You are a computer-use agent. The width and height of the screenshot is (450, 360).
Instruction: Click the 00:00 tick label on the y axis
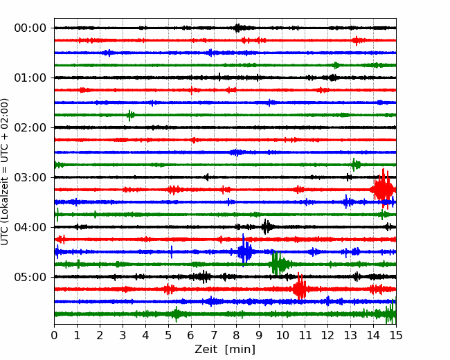point(30,28)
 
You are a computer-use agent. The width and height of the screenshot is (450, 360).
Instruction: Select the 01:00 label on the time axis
point(30,78)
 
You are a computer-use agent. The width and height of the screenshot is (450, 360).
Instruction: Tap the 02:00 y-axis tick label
point(30,127)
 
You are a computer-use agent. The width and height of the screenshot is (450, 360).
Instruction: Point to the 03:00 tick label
point(30,177)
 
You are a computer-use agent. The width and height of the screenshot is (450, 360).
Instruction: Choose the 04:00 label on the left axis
point(30,227)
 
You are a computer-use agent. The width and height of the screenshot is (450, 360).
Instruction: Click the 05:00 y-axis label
point(30,277)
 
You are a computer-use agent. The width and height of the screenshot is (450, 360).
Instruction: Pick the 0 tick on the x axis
point(54,335)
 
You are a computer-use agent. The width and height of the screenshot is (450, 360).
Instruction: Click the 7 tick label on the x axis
point(213,335)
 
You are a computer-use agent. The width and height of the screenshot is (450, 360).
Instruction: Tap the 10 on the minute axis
point(282,335)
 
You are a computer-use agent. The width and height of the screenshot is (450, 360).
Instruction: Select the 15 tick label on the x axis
point(396,335)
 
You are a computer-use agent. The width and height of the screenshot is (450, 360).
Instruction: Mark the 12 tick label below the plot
point(327,335)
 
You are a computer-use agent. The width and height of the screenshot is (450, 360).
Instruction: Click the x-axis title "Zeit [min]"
point(225,350)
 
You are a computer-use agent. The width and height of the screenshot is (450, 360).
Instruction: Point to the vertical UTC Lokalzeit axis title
point(5,172)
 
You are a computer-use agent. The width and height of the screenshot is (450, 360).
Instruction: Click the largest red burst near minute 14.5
point(383,189)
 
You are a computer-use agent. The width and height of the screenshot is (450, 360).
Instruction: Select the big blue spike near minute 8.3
point(244,251)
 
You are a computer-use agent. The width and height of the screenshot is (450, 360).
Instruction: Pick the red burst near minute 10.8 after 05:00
point(300,289)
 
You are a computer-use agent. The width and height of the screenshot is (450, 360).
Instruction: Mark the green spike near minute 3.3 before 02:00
point(130,115)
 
